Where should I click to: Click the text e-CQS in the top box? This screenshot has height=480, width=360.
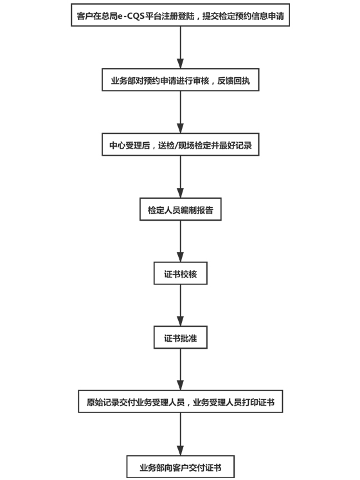click(x=131, y=16)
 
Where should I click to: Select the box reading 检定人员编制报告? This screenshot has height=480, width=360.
click(x=181, y=209)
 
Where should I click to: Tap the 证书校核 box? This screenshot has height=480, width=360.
click(x=181, y=273)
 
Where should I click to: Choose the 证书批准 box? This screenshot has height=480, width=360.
click(x=181, y=337)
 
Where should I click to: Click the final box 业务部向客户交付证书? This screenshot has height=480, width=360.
click(x=181, y=466)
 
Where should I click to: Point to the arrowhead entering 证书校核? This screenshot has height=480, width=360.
click(x=181, y=257)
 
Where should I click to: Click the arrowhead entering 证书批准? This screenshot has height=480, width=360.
click(x=181, y=321)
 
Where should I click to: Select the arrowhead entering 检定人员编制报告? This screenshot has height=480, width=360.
click(x=181, y=193)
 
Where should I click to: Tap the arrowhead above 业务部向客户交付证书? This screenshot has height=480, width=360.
click(x=181, y=450)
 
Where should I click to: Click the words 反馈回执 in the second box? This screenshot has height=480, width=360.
click(x=234, y=80)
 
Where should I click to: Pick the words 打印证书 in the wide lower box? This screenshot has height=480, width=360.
click(x=258, y=402)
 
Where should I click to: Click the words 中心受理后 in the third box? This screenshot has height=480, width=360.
click(x=130, y=145)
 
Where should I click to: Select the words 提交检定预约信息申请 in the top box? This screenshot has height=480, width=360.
click(x=243, y=16)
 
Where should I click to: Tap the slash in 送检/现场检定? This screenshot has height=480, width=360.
click(x=177, y=145)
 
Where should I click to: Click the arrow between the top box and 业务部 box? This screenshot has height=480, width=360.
click(x=181, y=48)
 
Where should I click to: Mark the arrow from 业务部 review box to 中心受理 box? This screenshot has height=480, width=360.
click(x=181, y=112)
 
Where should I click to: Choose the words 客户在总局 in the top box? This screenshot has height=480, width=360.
click(x=97, y=16)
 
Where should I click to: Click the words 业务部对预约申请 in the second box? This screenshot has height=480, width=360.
click(x=144, y=80)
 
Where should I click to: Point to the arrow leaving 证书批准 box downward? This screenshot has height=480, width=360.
click(x=181, y=369)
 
